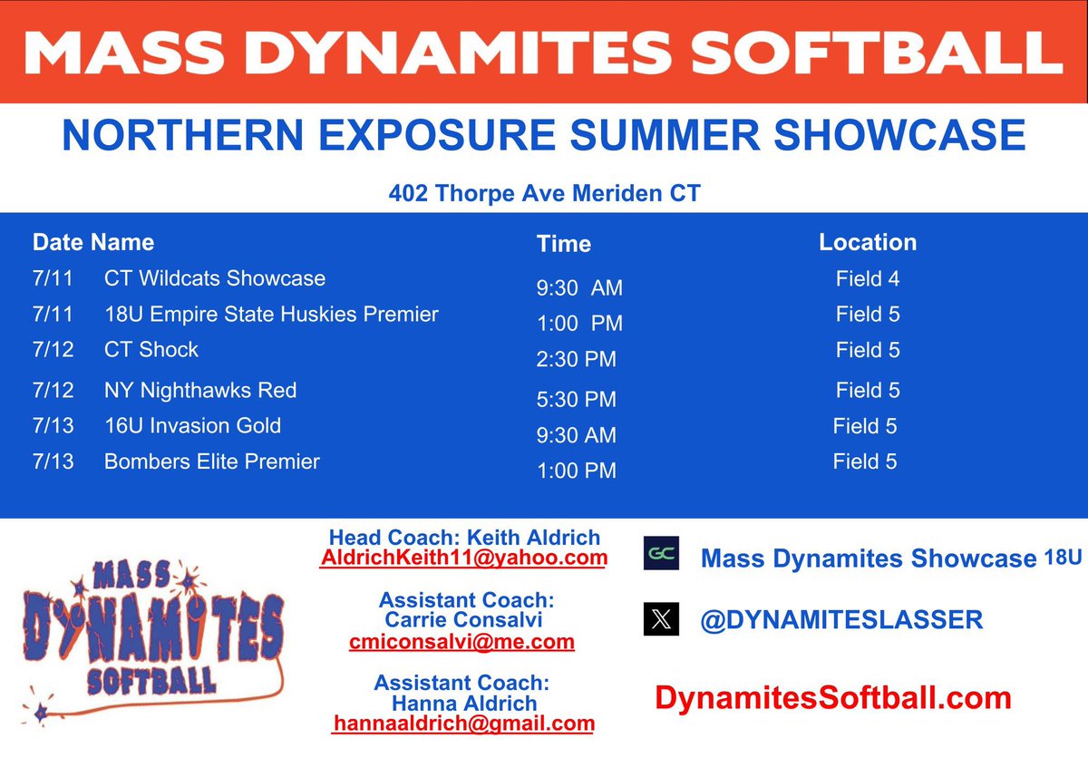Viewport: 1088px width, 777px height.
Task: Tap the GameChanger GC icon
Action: click(661, 553)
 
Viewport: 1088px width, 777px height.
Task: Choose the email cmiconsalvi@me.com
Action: click(461, 642)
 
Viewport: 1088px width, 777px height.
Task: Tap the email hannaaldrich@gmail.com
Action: click(463, 724)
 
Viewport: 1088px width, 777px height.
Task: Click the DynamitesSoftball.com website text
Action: click(832, 697)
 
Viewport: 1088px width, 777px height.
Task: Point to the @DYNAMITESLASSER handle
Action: click(841, 620)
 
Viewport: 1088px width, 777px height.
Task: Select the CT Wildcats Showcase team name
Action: click(215, 278)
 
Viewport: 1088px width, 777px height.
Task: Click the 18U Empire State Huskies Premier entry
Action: click(271, 315)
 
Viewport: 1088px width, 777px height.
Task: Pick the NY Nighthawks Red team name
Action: click(200, 391)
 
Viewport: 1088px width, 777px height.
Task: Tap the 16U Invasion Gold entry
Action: click(192, 426)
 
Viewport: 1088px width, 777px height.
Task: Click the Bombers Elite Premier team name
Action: click(212, 461)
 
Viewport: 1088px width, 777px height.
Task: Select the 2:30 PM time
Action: click(576, 360)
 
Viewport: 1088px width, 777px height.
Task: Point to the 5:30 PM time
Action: click(576, 400)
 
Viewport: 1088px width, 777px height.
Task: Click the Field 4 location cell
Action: click(868, 279)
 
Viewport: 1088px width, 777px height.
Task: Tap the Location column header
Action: click(868, 243)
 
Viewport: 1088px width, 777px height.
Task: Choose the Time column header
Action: click(563, 244)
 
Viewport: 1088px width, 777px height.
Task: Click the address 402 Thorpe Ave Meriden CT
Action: click(544, 194)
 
